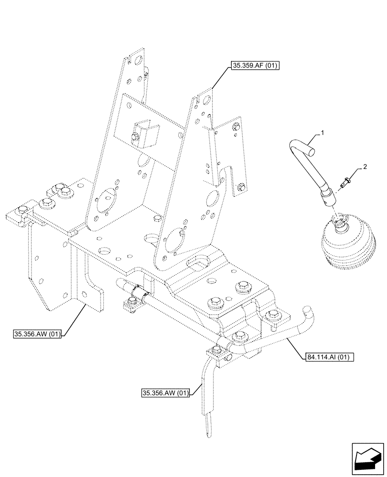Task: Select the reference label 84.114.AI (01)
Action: [x=327, y=356]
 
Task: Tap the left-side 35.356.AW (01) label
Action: [x=38, y=334]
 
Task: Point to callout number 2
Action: [x=365, y=167]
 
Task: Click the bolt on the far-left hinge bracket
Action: [x=22, y=210]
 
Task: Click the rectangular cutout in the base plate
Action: [x=197, y=261]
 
